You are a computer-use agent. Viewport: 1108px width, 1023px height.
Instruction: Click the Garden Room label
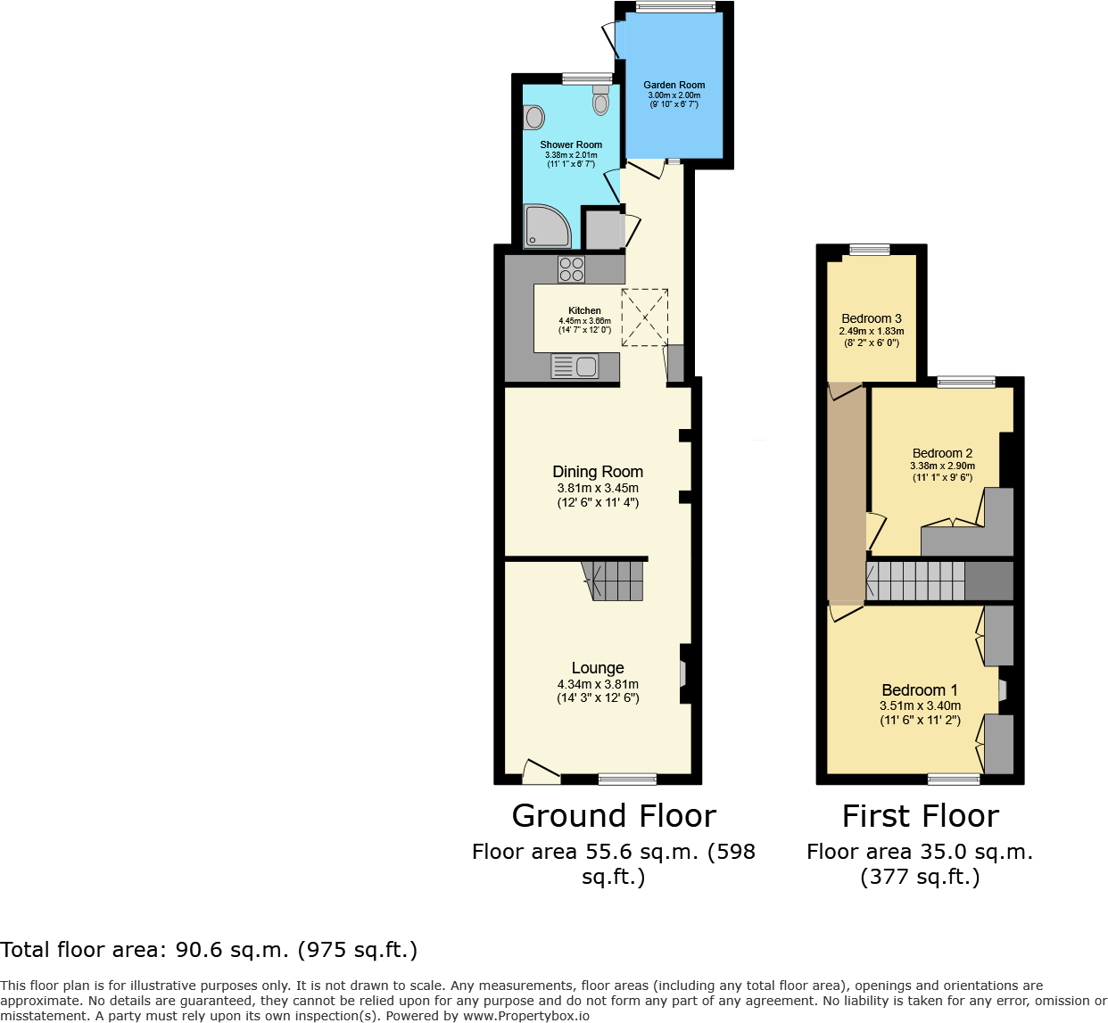tap(674, 85)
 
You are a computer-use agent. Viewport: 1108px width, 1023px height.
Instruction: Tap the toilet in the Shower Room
tap(600, 101)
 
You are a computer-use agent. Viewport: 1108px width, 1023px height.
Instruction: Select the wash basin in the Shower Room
tap(533, 117)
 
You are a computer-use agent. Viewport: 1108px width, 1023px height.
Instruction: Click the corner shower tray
tap(545, 227)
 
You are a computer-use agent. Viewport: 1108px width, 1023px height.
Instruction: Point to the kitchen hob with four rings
tap(571, 269)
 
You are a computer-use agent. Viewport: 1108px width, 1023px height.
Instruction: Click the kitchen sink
tap(575, 366)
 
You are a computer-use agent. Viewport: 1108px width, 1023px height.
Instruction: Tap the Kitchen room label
tap(584, 310)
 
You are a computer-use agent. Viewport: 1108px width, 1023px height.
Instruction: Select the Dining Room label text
tap(598, 472)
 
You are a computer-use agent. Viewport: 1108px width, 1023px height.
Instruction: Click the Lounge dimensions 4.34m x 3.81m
tap(598, 684)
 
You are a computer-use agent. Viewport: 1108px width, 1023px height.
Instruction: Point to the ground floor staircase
tap(616, 580)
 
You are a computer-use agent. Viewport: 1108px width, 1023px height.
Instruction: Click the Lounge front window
tap(627, 779)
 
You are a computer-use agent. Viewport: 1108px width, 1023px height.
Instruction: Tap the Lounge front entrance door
tap(540, 772)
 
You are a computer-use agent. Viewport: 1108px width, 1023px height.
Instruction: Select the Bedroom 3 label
tap(872, 318)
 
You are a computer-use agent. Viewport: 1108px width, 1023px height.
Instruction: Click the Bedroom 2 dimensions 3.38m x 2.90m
tap(942, 466)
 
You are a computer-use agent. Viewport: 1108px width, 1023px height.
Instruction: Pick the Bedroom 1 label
tap(920, 690)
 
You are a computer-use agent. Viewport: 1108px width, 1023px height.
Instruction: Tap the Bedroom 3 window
tap(869, 251)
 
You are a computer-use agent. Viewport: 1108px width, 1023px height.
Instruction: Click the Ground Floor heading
tap(614, 816)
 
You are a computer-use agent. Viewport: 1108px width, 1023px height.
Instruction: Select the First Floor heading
tap(921, 816)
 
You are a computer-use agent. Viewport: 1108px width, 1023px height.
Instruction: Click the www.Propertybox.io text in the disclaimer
tap(525, 1015)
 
